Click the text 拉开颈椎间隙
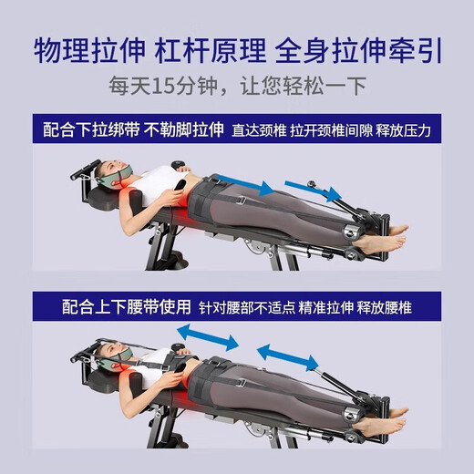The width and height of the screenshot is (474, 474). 336,130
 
